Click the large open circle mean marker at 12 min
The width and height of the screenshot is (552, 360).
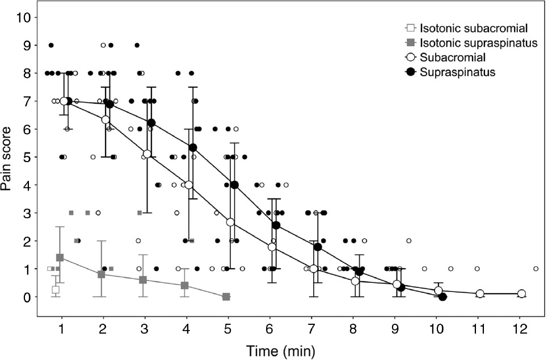[521, 294]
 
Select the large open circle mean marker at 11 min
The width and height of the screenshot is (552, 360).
[480, 294]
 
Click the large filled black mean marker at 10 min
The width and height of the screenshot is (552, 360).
[443, 297]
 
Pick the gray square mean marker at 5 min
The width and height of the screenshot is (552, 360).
[226, 297]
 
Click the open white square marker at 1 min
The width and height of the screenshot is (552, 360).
[56, 290]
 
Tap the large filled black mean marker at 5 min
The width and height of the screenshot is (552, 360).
[235, 185]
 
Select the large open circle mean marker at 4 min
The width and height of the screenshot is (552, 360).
[188, 185]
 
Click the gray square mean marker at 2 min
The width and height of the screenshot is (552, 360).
[102, 274]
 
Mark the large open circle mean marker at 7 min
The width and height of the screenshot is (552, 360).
[314, 269]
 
